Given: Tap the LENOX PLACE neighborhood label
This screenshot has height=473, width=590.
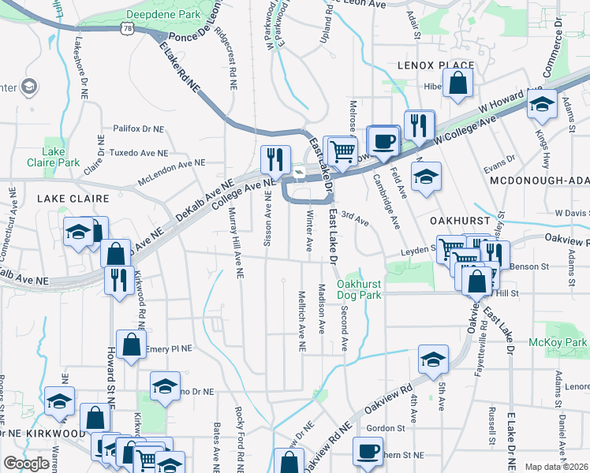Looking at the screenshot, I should (x=435, y=65).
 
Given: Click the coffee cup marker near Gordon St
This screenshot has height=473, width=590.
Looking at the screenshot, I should (x=367, y=451).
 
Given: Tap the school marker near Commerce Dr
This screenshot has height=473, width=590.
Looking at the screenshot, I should (x=542, y=104).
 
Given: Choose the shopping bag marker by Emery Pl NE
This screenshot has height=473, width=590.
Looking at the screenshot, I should (x=132, y=344).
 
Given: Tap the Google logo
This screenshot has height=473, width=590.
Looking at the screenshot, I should (x=26, y=464).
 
